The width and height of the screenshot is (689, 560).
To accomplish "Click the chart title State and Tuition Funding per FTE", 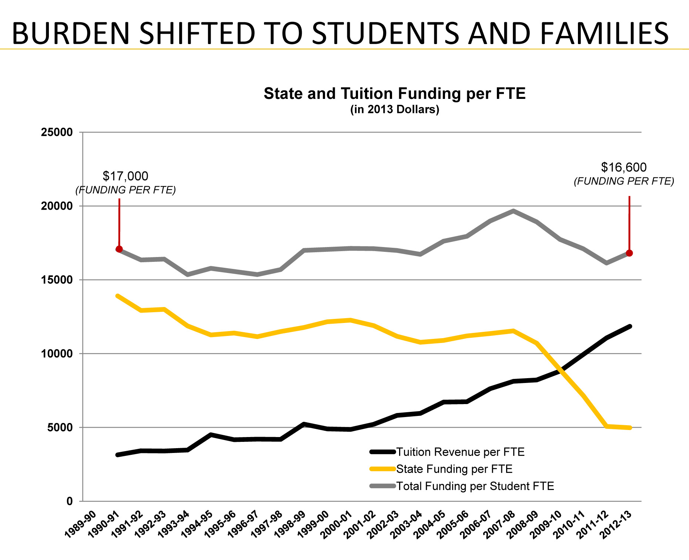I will pos(394,94).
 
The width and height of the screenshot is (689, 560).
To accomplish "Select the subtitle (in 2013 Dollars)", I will pos(394,110).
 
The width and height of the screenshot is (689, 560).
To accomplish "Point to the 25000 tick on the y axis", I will pos(57,132).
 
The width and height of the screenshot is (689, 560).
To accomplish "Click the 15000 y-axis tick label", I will pos(57,280).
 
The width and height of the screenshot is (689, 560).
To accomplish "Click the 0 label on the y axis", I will pos(69,501).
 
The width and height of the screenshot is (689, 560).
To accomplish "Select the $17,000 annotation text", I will pos(126,176).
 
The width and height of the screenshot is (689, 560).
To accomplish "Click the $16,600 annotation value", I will pos(624,167).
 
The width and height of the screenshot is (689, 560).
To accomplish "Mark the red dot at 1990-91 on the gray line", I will pos(119,249).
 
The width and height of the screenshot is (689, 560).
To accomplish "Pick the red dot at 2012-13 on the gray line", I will pos(629,253).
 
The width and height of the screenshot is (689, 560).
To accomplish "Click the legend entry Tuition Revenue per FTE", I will pos(460,452).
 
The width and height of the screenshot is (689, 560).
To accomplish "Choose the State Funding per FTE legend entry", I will pos(454,469).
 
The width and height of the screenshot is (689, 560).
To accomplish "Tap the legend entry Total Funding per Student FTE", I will pos(475,486).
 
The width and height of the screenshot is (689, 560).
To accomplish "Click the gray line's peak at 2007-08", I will pos(513,211).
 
